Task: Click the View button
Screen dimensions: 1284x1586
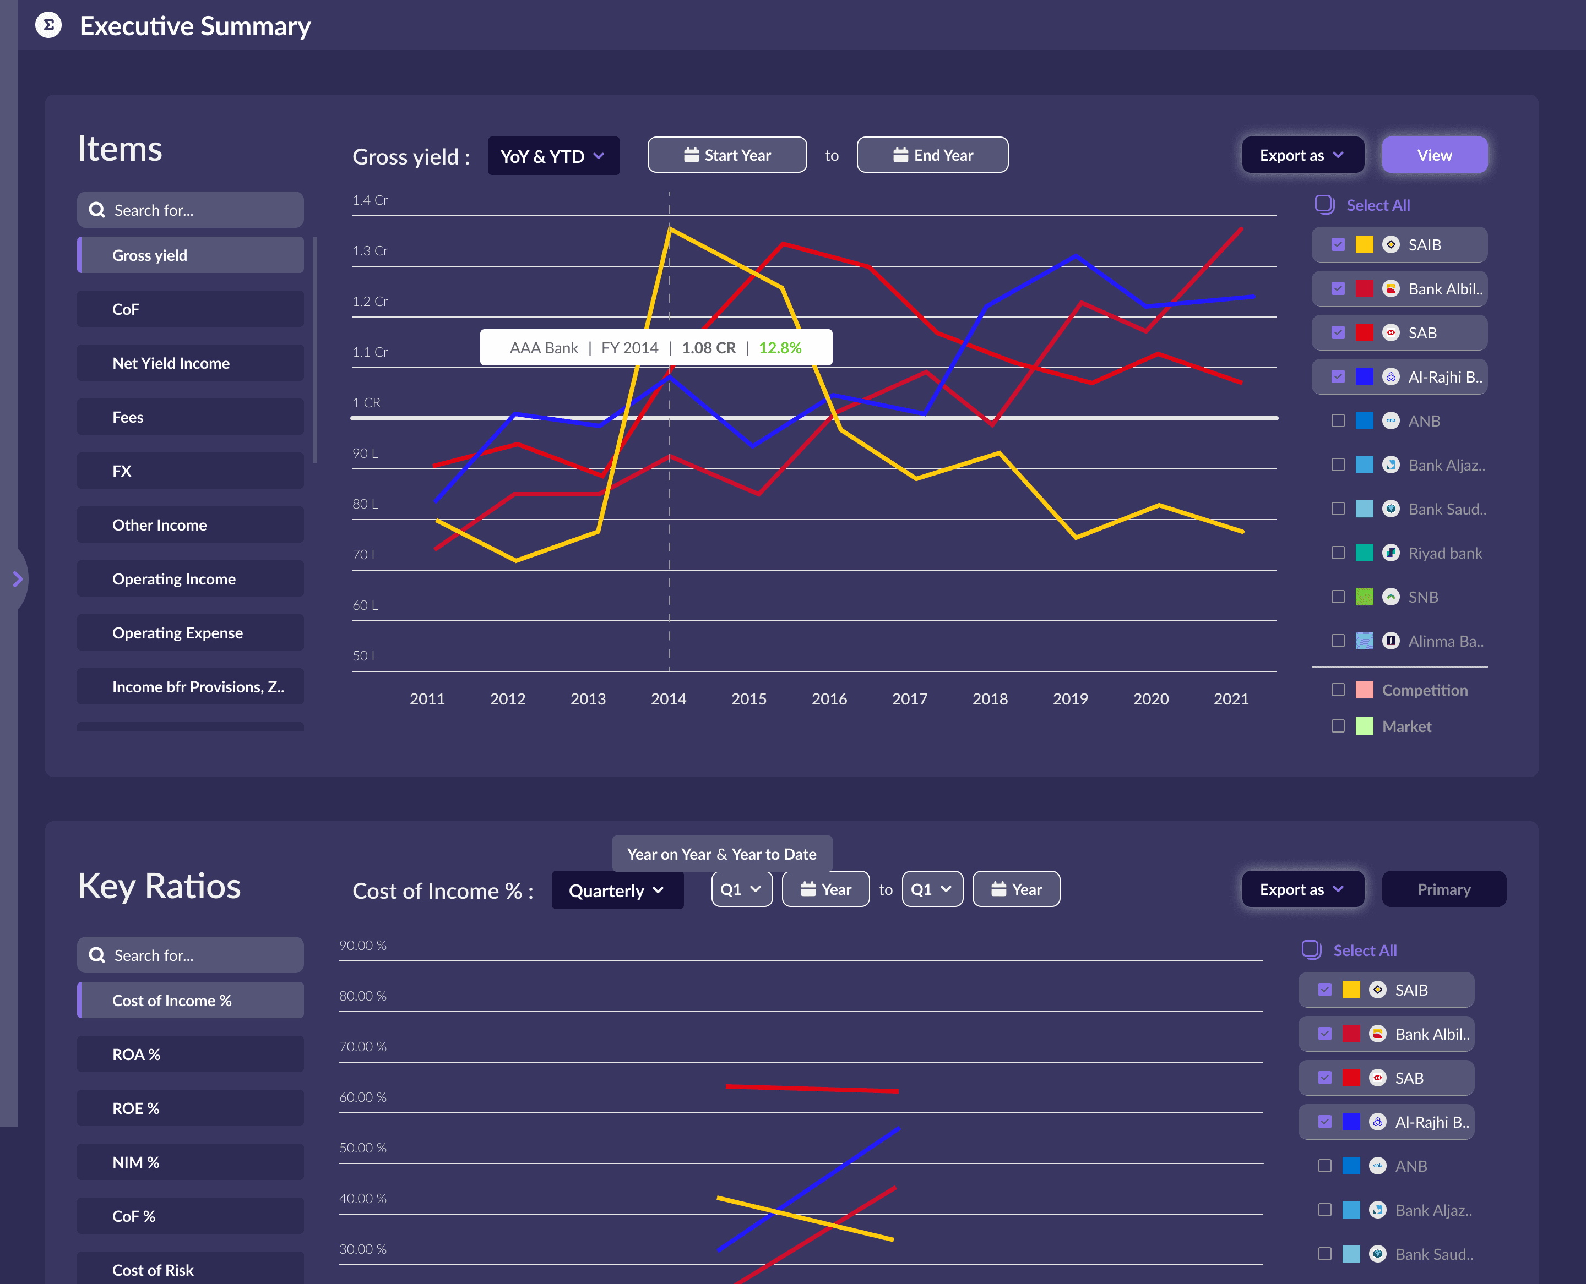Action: (1433, 155)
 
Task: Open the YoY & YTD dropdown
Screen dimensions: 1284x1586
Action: (553, 156)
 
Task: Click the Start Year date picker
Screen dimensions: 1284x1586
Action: (727, 155)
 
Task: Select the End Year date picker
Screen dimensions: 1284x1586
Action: (932, 155)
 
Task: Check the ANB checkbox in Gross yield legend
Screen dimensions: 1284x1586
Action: (1337, 421)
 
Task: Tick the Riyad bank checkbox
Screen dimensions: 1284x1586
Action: (1337, 553)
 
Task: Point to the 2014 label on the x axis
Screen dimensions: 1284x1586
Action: (669, 699)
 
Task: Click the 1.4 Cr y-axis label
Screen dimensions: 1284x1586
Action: (370, 200)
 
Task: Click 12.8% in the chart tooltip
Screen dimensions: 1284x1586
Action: (779, 348)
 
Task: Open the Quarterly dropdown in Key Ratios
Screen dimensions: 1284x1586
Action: (616, 890)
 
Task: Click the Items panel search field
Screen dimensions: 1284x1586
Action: (190, 211)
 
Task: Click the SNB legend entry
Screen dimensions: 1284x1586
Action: (1422, 597)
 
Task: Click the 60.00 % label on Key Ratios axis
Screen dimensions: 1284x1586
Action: (363, 1097)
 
